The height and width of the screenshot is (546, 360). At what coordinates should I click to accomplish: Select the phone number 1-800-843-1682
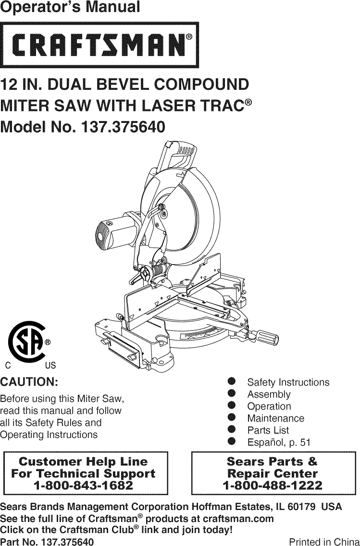[x=84, y=485]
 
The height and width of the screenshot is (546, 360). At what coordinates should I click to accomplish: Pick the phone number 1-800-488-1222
[x=273, y=485]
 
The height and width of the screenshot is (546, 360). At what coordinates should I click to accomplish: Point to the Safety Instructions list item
[x=288, y=382]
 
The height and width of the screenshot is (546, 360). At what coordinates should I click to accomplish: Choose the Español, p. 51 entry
[x=279, y=442]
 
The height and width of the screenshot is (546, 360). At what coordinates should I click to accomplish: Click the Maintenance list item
[x=275, y=418]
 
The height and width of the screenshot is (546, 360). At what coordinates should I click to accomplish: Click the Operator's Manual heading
[x=70, y=8]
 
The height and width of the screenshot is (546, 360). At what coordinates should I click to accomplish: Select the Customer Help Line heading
[x=83, y=462]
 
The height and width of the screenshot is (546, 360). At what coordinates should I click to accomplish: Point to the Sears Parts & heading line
[x=272, y=462]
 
